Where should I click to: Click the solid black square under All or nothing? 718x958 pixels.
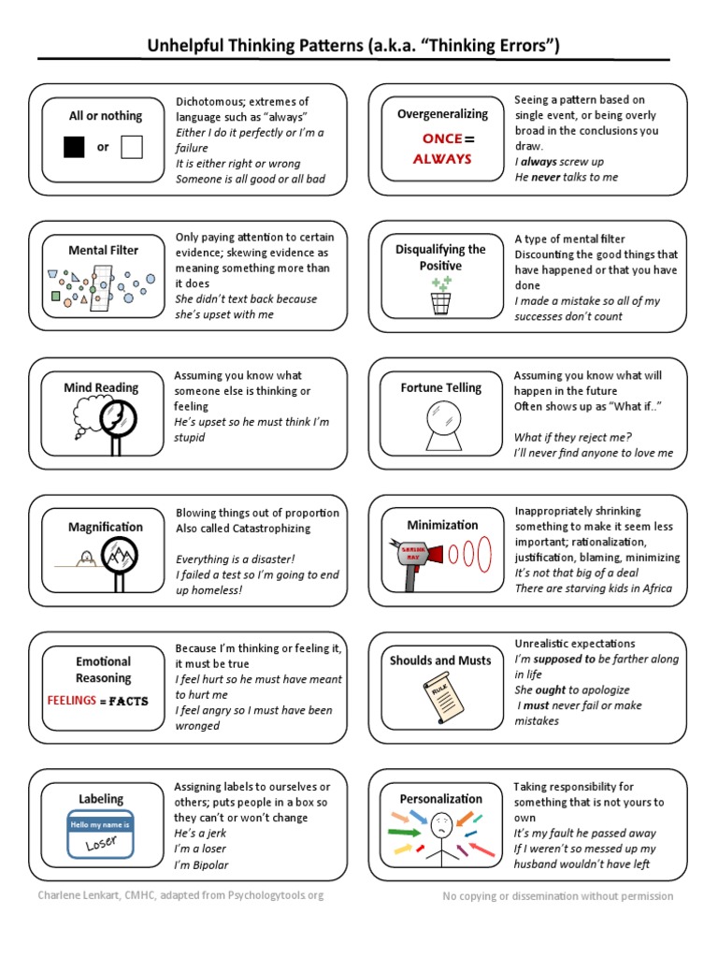pos(75,147)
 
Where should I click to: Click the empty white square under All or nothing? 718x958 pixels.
pos(132,147)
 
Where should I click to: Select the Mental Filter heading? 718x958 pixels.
pos(103,250)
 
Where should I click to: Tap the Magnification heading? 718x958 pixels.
pos(106,527)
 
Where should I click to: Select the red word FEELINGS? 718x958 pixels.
pos(72,701)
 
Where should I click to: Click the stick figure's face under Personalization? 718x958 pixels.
pos(441,824)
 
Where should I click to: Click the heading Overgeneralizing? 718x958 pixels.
pos(442,114)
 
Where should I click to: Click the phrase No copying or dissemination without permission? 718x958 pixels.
pos(557,896)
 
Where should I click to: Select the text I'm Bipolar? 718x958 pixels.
pos(201,864)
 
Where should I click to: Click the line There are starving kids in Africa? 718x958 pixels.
pos(593,588)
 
